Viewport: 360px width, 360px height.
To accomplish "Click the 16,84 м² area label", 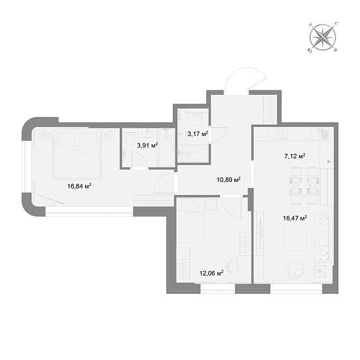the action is tap(79, 186).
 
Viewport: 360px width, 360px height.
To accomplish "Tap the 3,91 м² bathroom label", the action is tap(147, 145).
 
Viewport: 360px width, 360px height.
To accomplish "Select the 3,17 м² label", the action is tap(198, 134).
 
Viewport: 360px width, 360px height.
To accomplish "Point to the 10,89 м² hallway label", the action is tap(228, 179).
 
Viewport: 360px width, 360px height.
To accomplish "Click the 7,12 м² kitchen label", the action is tap(295, 156).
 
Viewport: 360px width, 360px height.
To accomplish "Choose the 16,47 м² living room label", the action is tap(295, 218).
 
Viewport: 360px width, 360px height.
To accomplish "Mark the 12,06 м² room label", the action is tap(211, 273).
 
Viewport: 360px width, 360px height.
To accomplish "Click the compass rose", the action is tap(323, 37).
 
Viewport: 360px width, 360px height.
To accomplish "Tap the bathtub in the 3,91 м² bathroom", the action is tap(166, 147).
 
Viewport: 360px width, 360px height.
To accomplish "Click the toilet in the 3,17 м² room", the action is tap(197, 118).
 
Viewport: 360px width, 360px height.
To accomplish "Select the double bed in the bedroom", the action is tap(77, 154).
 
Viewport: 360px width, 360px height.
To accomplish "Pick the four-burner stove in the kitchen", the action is tap(281, 134).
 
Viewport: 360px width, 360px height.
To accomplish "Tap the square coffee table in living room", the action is tap(295, 239).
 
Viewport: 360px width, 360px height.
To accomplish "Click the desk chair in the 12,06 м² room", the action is tap(232, 266).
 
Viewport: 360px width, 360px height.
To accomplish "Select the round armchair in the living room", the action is tap(295, 271).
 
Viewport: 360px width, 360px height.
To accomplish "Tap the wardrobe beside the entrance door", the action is tap(270, 109).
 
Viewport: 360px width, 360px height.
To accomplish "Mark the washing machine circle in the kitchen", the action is tap(261, 134).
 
